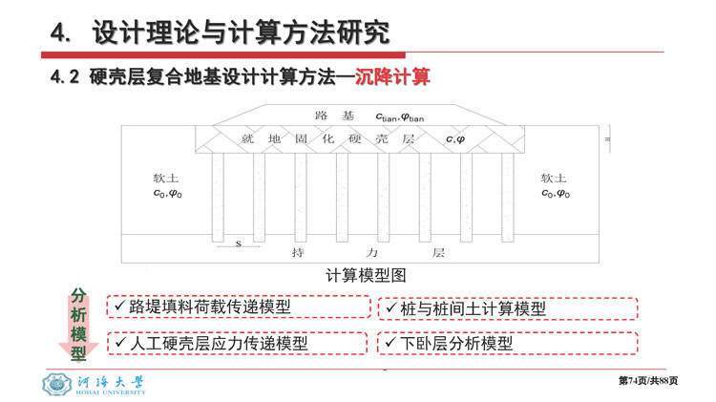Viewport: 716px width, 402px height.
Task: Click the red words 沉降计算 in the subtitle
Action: [x=392, y=76]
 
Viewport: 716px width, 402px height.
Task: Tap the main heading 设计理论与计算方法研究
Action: [x=242, y=32]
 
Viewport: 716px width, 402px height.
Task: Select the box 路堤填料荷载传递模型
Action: [x=239, y=307]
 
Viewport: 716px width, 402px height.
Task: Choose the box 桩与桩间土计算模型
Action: [x=508, y=308]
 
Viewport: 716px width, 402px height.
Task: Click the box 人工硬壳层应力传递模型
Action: [x=238, y=344]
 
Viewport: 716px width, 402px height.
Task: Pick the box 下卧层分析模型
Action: [x=507, y=344]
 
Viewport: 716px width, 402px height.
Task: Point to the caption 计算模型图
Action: [x=366, y=275]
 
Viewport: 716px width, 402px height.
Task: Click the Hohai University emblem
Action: [x=56, y=384]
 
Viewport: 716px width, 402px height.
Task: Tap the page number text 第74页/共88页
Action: [x=648, y=381]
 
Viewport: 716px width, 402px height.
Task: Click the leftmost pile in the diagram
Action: [x=218, y=197]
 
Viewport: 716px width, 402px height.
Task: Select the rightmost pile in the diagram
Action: [x=507, y=197]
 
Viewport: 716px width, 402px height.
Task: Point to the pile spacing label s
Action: [x=239, y=243]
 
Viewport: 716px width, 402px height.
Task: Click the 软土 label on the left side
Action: [x=166, y=179]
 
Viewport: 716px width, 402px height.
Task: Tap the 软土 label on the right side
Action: [x=554, y=178]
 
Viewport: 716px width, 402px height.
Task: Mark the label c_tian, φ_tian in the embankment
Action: [x=400, y=117]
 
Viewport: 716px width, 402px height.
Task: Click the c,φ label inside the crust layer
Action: [x=455, y=139]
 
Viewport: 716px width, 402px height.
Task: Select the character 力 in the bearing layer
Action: [x=372, y=252]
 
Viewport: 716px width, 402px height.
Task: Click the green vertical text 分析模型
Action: [x=78, y=325]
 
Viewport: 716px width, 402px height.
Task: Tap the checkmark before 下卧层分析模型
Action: [x=390, y=342]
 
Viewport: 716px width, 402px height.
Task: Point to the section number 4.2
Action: [x=65, y=76]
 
